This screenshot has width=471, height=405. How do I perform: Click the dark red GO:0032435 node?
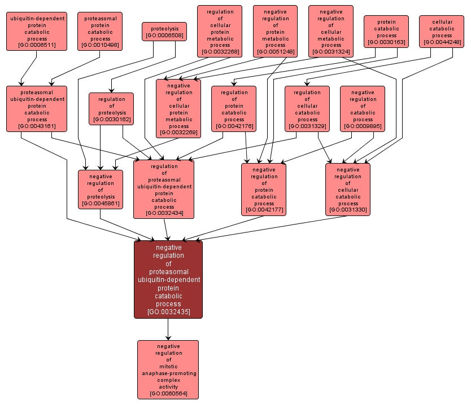168,279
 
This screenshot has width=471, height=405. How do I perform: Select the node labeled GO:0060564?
168,369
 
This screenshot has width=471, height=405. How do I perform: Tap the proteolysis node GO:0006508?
164,32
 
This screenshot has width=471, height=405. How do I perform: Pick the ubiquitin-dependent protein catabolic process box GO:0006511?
37,31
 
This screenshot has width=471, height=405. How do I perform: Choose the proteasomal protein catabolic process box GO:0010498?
100,31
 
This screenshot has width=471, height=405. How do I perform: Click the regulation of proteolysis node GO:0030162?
111,109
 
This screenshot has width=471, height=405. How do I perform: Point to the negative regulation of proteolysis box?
101,190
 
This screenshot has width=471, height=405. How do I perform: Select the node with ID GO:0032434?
164,190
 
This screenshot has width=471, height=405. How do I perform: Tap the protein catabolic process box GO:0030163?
386,31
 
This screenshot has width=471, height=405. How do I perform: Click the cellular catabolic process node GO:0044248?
442,31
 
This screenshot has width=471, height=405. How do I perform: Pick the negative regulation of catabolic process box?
363,109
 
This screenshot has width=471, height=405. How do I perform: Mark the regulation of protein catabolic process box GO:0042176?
234,109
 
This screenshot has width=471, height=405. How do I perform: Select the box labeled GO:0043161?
37,109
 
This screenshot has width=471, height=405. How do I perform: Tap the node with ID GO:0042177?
264,190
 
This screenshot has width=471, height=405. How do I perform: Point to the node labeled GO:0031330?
348,190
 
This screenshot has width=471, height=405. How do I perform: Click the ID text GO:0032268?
220,52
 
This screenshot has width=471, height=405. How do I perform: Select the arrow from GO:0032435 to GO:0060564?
168,329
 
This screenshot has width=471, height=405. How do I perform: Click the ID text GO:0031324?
331,52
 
